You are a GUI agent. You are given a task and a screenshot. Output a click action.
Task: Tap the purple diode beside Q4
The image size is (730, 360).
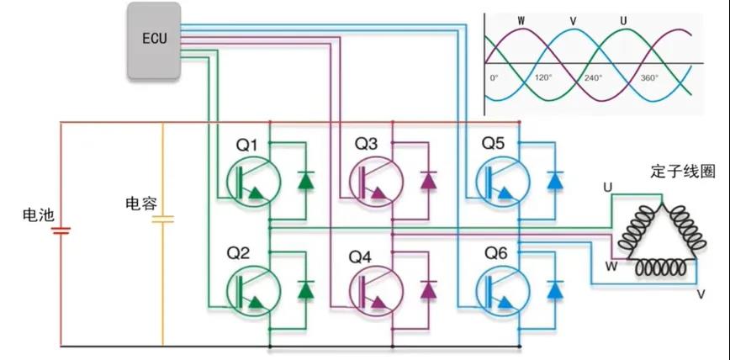[x=429, y=289]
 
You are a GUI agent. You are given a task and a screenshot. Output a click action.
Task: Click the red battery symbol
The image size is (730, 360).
[x=61, y=231]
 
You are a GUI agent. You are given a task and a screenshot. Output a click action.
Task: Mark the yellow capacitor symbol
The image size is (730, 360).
[x=162, y=220]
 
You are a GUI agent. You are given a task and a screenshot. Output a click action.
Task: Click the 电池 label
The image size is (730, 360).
[x=38, y=215]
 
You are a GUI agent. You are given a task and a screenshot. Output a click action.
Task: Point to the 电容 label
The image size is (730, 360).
[x=140, y=204]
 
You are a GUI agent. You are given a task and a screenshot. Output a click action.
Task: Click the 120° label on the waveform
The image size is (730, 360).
[x=542, y=77]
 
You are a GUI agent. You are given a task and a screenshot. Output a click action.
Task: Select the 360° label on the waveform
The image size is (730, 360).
[x=649, y=77]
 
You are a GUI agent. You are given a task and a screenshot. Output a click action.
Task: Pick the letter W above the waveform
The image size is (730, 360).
[x=521, y=19]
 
